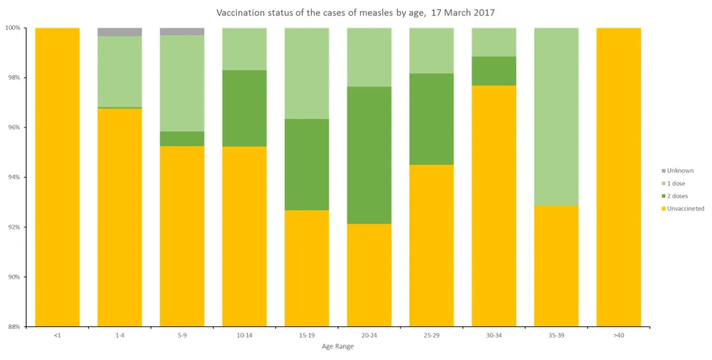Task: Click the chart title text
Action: (355, 13)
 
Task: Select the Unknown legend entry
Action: (680, 171)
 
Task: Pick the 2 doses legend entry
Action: (677, 196)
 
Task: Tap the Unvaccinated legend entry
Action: (685, 209)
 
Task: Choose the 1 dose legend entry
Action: (676, 184)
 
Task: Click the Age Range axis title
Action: (337, 347)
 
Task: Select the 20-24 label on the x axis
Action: (369, 335)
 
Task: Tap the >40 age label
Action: (619, 335)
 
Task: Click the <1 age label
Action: (57, 335)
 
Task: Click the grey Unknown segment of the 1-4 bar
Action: (120, 32)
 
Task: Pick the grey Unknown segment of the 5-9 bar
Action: (182, 31)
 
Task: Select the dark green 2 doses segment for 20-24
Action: (369, 155)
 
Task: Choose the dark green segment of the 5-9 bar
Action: (182, 139)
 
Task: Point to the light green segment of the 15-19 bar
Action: (307, 73)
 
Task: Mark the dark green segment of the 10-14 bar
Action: (244, 108)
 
